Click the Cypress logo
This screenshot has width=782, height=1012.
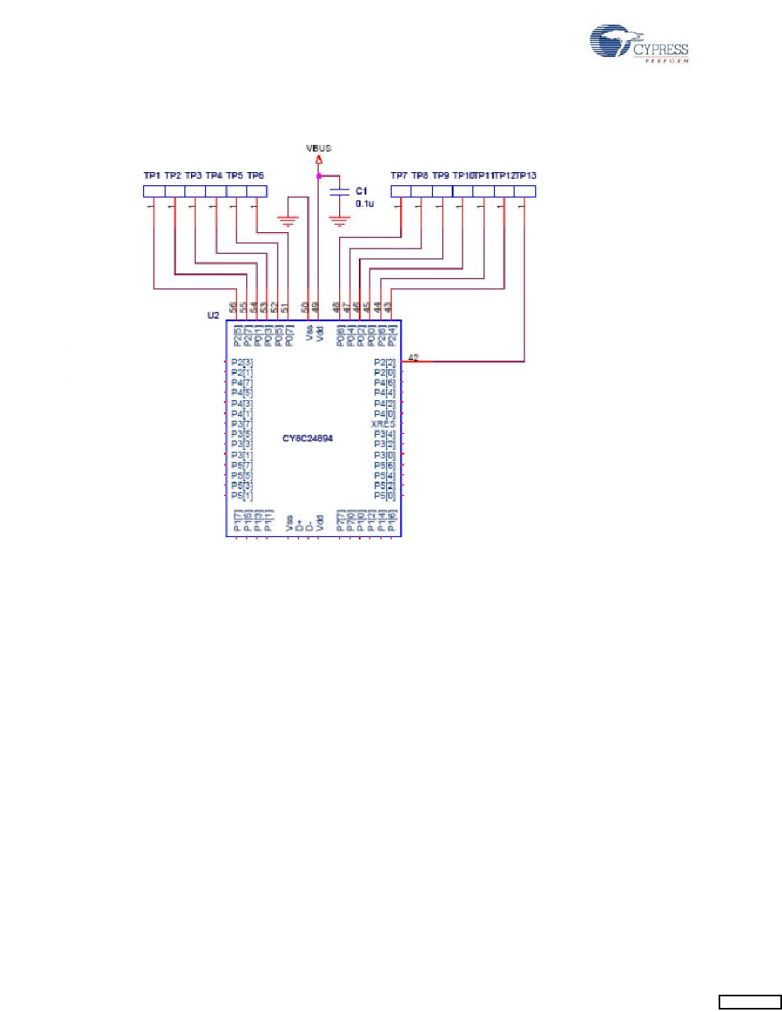639,43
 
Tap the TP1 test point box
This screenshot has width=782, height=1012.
154,191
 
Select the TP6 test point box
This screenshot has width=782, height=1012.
257,191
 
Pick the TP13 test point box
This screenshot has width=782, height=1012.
524,191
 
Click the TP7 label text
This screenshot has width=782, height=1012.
399,175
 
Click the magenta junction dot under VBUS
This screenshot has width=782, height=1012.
318,175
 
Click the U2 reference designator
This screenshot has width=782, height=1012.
212,315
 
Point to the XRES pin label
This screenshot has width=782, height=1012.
384,423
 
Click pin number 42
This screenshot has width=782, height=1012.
413,357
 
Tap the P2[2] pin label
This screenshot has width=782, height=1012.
384,362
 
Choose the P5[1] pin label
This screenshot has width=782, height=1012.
242,496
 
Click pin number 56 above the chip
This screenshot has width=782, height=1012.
234,306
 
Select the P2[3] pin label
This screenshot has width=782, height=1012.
242,362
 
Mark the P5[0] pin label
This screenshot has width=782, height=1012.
384,496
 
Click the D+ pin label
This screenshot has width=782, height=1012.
299,522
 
